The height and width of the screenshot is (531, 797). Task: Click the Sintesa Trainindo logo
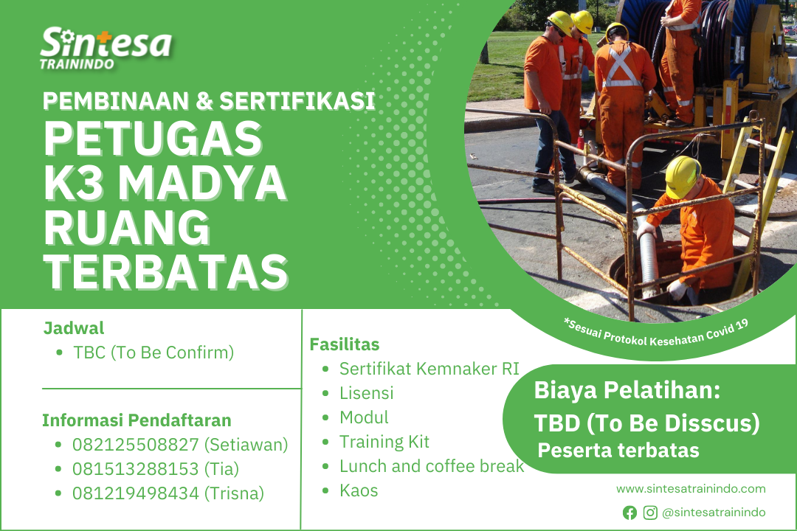pos(106,48)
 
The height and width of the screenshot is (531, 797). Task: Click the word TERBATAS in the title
pos(166,272)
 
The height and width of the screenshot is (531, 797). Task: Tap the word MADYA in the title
pos(202,183)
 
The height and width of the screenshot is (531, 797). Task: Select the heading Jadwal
pos(74,328)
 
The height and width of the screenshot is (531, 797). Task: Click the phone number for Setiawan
pos(137,445)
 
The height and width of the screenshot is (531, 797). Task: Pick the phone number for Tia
pos(135,469)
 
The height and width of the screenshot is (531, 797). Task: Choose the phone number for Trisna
pos(136,493)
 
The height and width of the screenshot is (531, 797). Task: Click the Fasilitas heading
pos(345,344)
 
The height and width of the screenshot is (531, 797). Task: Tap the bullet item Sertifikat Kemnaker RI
pos(429,369)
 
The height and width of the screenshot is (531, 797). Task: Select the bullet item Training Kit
pos(384,442)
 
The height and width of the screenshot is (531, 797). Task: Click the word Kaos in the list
pos(359,491)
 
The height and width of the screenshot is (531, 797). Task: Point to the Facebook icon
pos(629,513)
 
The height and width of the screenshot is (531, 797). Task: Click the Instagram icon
pos(650,513)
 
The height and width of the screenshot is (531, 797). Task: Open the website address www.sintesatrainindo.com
pos(691,489)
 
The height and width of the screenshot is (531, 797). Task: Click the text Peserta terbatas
pos(618,451)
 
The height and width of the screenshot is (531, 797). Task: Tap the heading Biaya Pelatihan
pos(627,390)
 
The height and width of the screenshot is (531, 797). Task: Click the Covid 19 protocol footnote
pos(656,334)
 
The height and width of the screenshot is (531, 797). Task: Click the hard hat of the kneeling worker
pos(682,176)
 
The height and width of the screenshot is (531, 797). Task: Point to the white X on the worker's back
pos(621,66)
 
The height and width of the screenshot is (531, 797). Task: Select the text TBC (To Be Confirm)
pos(153,353)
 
